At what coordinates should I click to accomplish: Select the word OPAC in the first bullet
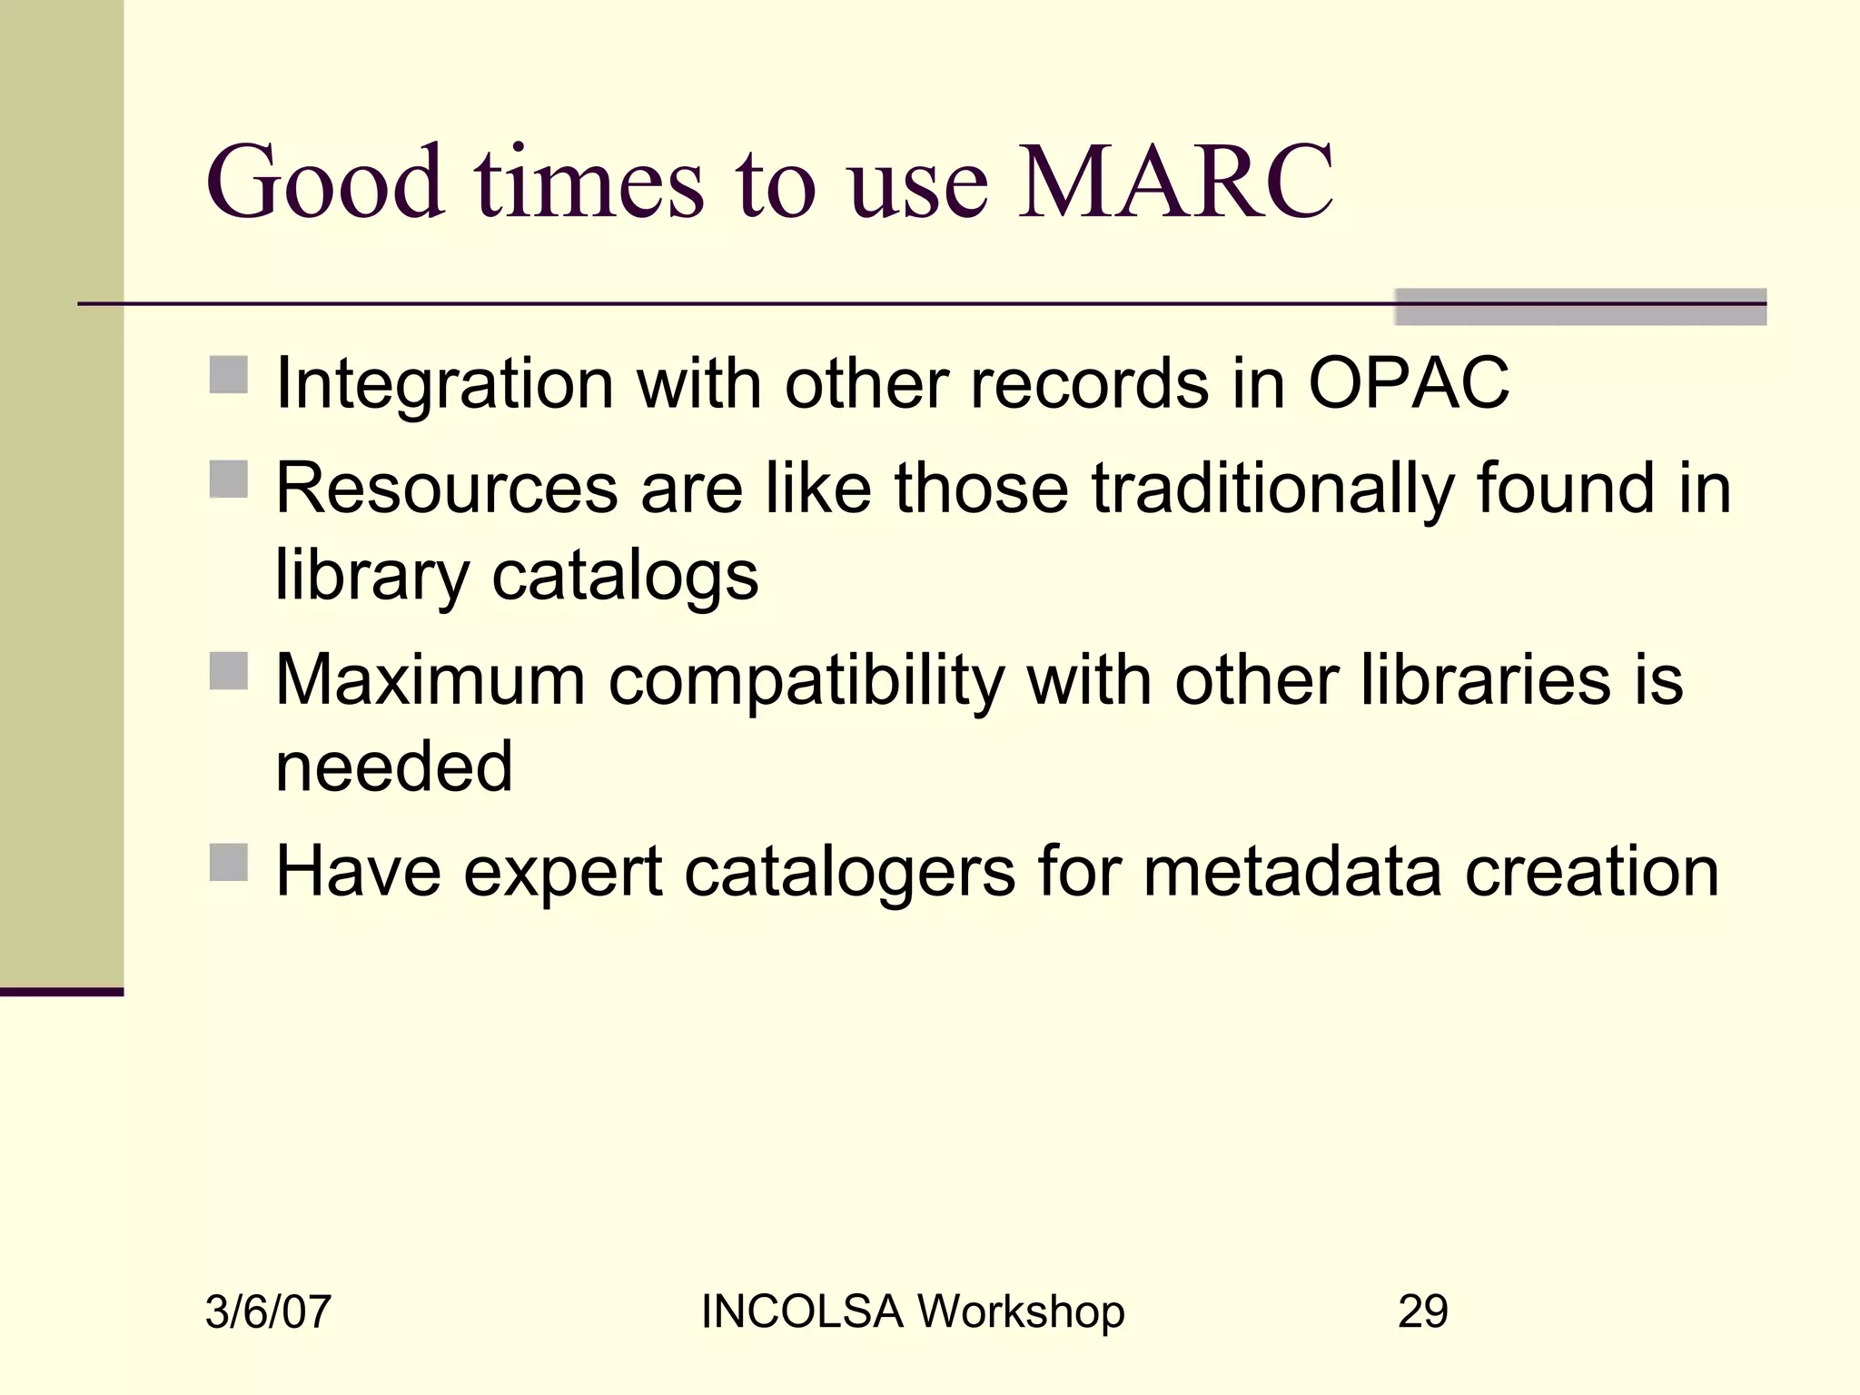point(1408,383)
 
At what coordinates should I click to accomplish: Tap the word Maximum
point(430,680)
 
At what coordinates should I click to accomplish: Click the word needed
point(394,767)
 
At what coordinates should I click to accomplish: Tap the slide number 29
point(1422,1311)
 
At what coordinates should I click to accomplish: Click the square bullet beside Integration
point(228,375)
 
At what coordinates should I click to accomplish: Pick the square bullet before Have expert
point(228,863)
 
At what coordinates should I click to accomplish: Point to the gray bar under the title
point(1579,307)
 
